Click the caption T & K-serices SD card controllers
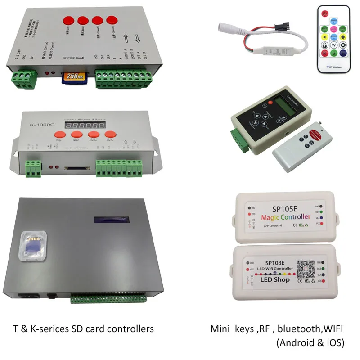click(83, 329)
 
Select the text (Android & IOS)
click(310, 342)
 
